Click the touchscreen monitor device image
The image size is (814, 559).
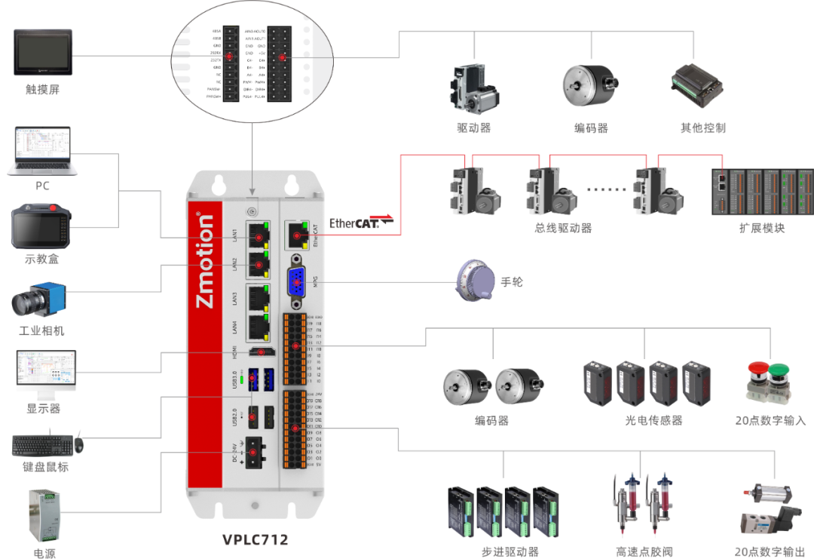43,54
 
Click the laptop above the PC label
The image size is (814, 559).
42,152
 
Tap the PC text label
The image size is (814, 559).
42,186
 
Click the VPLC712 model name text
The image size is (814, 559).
256,539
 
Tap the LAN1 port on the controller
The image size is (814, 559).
259,236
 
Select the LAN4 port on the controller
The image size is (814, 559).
259,326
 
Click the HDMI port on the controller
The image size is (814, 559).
261,352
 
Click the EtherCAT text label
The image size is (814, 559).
356,223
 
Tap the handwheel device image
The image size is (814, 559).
476,281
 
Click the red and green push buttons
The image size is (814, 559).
769,381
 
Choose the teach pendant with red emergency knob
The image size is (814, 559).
41,227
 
